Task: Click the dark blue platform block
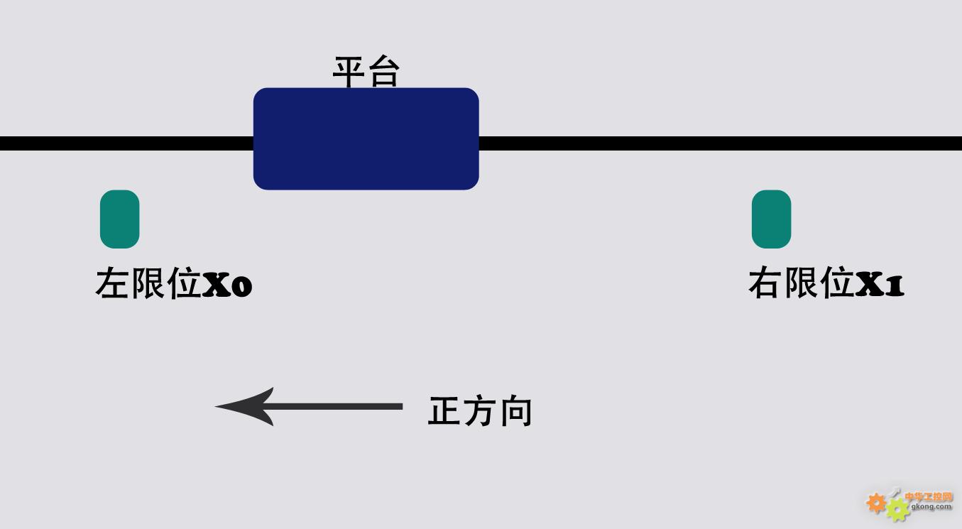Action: (366, 138)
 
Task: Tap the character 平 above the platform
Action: (349, 72)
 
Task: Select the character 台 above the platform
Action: (384, 72)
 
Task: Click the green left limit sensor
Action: (120, 219)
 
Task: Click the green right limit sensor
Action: (771, 219)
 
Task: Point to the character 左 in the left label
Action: (112, 283)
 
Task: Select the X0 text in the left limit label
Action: (227, 284)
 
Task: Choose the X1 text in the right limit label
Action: (880, 284)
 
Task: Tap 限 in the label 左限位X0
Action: (148, 283)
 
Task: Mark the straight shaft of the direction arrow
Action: (335, 406)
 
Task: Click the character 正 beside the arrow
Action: (444, 411)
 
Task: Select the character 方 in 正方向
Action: (480, 411)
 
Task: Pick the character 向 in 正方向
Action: (516, 411)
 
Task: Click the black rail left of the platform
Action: (126, 143)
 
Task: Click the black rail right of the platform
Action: (720, 143)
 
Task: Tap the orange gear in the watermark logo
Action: (875, 503)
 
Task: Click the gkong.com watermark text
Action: (931, 507)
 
